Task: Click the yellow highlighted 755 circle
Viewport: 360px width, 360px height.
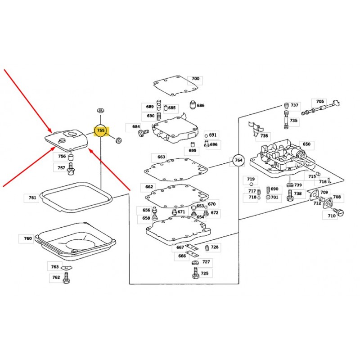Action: click(x=101, y=130)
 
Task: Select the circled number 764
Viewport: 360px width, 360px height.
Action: click(x=238, y=160)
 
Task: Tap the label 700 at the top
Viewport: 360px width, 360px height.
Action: click(x=195, y=79)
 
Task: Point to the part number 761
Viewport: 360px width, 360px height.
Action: click(x=32, y=198)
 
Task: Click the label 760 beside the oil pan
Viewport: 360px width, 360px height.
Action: click(x=28, y=238)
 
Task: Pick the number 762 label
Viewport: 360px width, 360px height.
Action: click(x=56, y=277)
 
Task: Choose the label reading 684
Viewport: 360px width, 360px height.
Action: click(x=136, y=127)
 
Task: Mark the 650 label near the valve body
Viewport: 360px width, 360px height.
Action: click(x=306, y=144)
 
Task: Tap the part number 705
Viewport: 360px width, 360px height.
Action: click(x=320, y=102)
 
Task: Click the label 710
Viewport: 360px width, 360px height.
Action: click(x=332, y=216)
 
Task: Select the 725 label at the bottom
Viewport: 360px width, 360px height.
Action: click(x=204, y=273)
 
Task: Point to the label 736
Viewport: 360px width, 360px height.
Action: click(x=264, y=135)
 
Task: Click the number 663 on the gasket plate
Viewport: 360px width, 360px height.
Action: click(x=161, y=157)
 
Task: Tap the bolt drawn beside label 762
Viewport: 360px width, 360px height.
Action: click(x=67, y=279)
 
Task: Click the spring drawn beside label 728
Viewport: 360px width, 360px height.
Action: click(x=207, y=248)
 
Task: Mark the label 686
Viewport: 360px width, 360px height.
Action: click(x=200, y=105)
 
